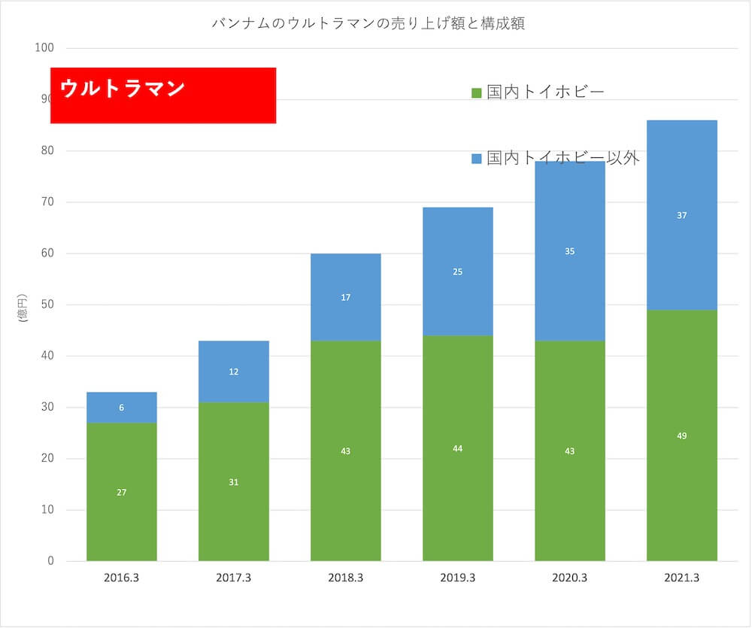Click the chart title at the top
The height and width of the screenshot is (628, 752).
point(368,23)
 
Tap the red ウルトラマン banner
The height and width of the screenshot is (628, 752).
point(163,95)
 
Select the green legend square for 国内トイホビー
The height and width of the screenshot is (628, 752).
point(476,93)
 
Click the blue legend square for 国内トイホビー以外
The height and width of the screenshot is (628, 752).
point(476,159)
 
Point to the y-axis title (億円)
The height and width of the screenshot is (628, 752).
point(22,309)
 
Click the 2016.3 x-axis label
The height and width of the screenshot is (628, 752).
point(122,578)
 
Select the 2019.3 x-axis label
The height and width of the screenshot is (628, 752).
point(458,578)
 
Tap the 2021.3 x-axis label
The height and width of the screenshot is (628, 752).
point(682,578)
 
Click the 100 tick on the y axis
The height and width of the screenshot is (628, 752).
point(44,48)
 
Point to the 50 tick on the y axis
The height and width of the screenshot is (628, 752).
point(47,305)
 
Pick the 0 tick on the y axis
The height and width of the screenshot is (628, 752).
point(50,561)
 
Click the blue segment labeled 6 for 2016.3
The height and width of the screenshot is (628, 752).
point(122,407)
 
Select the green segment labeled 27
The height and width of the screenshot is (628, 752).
point(122,492)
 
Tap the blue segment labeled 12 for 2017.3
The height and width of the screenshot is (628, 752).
point(234,372)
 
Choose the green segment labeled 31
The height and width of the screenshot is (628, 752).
point(234,481)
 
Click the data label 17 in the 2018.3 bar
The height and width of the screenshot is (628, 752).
point(346,297)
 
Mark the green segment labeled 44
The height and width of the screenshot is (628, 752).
point(458,448)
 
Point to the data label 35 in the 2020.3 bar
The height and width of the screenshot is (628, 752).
point(570,251)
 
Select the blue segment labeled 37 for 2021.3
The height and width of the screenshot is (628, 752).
point(682,215)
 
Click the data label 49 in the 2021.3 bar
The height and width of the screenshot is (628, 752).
point(682,435)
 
